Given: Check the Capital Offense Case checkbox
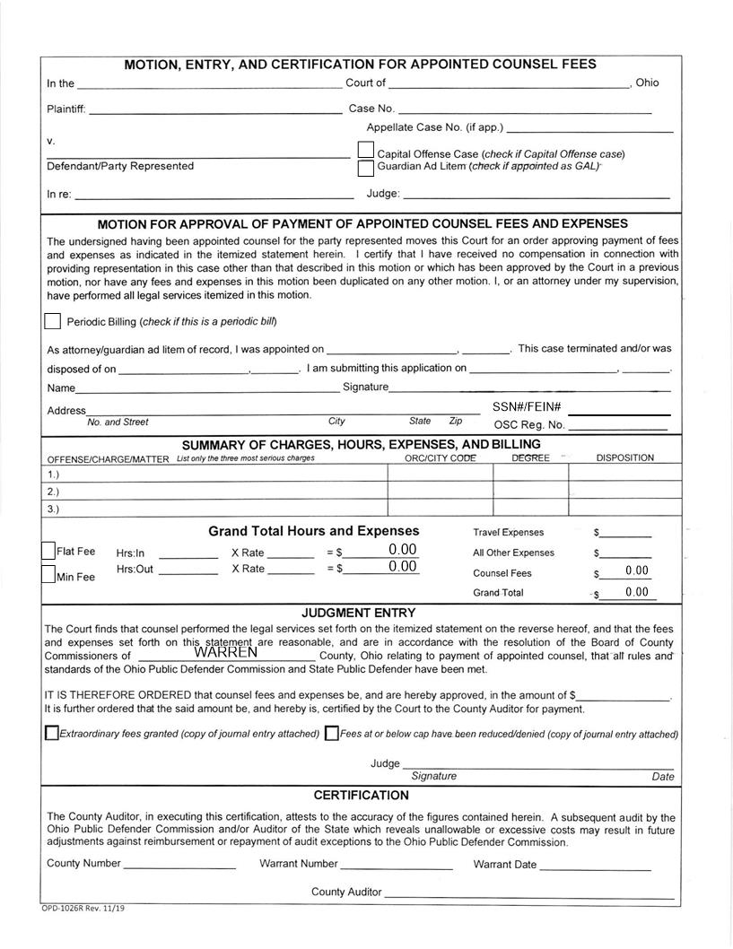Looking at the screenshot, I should click(x=365, y=149).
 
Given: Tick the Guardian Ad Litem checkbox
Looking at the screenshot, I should click(x=365, y=168).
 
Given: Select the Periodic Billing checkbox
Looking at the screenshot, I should click(x=53, y=321).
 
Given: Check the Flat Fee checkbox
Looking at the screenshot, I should click(x=48, y=551).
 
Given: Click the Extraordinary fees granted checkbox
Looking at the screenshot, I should click(x=51, y=733).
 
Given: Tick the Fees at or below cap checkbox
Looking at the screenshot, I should click(x=332, y=733).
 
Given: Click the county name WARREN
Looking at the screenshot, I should click(x=225, y=652).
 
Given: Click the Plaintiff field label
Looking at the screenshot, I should click(x=65, y=109).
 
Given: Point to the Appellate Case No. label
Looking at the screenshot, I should click(x=434, y=127).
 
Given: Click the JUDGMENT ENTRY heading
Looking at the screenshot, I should click(x=358, y=613).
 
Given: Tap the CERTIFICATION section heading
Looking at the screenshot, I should click(x=361, y=796).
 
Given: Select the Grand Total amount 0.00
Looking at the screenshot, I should click(x=637, y=592).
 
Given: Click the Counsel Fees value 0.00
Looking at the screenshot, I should click(x=637, y=571).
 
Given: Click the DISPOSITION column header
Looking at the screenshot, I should click(x=624, y=457).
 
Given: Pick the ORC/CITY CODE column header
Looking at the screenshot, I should click(x=440, y=457).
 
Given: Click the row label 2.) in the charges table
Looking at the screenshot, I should click(x=53, y=492).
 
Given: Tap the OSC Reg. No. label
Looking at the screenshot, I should click(x=529, y=425).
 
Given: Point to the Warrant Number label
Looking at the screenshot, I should click(x=298, y=864).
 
